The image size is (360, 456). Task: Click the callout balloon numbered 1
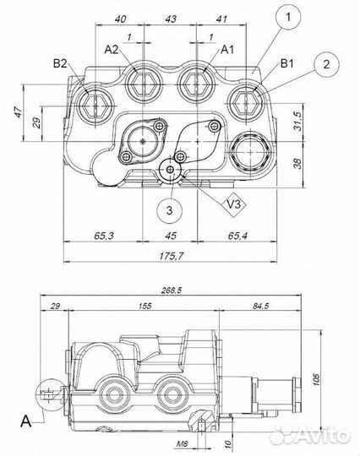[288, 17]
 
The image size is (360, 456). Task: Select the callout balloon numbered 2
[326, 64]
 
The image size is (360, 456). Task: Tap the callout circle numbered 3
[169, 210]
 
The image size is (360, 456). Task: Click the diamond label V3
[234, 204]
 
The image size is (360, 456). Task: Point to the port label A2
[112, 50]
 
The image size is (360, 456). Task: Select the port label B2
[60, 63]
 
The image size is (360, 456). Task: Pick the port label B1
[287, 63]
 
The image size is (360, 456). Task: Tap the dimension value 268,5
[172, 290]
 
